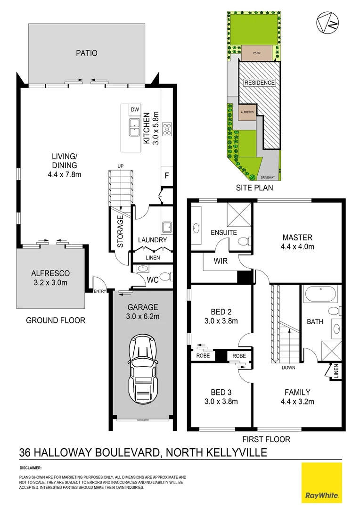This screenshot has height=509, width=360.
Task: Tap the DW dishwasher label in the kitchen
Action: point(134,110)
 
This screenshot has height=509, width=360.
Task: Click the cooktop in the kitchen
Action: point(167,128)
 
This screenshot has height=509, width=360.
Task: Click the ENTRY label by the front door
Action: point(100,291)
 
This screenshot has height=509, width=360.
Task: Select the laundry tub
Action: point(166,228)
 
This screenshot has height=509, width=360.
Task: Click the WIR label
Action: point(221,261)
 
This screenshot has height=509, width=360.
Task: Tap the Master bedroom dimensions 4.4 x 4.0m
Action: point(297,246)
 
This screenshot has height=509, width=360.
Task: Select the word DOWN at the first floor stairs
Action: point(288,368)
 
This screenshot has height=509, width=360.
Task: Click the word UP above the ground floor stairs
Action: point(121,166)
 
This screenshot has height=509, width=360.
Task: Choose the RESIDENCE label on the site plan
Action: point(259,83)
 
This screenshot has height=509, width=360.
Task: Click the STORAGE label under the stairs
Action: point(120,231)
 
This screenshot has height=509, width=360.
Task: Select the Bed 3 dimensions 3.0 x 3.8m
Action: point(221,402)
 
